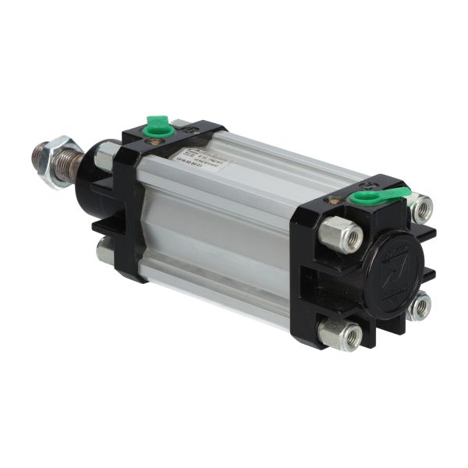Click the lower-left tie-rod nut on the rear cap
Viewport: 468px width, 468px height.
click(x=340, y=334)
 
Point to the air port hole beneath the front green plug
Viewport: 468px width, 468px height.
click(x=158, y=140)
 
